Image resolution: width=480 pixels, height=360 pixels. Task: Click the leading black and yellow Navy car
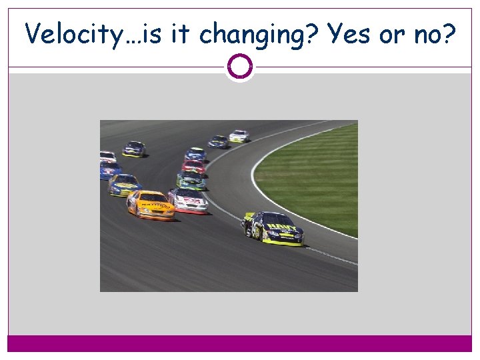[273, 228]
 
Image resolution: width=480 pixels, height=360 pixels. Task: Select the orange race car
[151, 205]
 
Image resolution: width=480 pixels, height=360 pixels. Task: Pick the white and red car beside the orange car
[189, 200]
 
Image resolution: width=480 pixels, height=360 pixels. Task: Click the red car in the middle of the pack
[193, 167]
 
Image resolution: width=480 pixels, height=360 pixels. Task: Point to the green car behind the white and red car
[191, 179]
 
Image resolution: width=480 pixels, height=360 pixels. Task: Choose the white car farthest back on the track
[239, 136]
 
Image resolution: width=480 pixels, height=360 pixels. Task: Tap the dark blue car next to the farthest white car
[218, 141]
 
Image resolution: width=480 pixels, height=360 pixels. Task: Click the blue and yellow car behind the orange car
[124, 185]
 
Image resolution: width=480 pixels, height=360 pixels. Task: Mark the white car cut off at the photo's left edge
[107, 157]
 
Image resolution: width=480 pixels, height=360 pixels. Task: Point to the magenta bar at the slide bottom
[239, 343]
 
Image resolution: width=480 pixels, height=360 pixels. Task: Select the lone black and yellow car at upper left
[134, 149]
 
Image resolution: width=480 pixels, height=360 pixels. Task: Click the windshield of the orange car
[153, 197]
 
